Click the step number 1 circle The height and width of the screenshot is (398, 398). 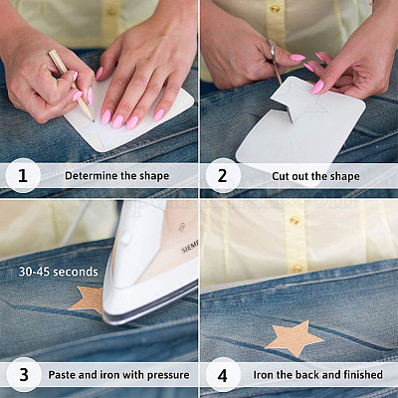tap(23, 176)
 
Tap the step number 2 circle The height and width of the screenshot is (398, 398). tap(223, 176)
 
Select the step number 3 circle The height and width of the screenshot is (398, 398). tap(23, 375)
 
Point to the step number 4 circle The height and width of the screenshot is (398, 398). tap(223, 375)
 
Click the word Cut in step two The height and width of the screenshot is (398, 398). tap(281, 176)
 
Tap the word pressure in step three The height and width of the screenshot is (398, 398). tap(168, 375)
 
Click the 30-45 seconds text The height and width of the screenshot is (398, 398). tap(59, 272)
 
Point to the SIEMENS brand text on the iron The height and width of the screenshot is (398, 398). tap(190, 247)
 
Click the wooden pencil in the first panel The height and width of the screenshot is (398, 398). tap(72, 86)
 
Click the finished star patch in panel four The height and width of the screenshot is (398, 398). tap(295, 338)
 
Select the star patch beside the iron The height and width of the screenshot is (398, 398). tap(89, 299)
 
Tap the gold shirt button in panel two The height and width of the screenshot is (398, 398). tap(276, 9)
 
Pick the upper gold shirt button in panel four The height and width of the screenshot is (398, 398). tap(295, 220)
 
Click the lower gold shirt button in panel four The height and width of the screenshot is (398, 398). tap(298, 269)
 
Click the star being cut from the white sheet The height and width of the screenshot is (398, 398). tap(299, 100)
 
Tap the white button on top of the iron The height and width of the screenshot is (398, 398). tap(124, 238)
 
